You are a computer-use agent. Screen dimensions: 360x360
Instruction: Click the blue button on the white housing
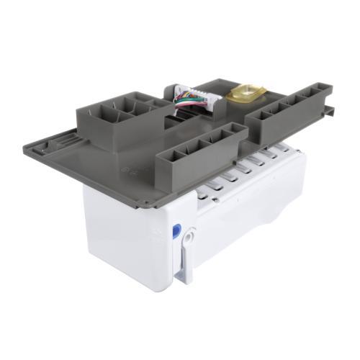(x=176, y=231)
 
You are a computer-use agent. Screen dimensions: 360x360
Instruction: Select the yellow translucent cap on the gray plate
(x=246, y=92)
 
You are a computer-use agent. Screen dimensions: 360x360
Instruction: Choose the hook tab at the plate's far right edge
(x=329, y=109)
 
